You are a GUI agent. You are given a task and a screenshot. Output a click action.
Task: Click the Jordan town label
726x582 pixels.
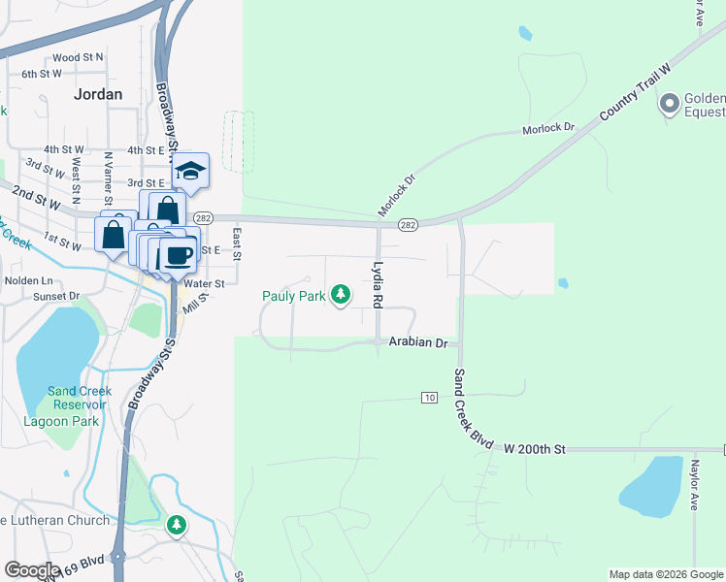point(99,94)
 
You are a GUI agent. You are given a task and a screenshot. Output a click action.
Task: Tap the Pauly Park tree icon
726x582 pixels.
point(341,294)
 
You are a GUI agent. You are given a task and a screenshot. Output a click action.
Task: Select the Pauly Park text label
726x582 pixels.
point(293,297)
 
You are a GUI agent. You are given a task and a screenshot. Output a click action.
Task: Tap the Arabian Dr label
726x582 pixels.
point(418,343)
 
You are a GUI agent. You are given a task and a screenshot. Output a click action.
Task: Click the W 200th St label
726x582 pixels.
point(534,449)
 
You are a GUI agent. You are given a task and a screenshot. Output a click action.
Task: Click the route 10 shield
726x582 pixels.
point(430,398)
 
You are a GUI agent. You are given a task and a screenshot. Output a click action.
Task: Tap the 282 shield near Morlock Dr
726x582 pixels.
point(408,225)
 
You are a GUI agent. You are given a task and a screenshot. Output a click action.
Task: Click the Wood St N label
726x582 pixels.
point(79,58)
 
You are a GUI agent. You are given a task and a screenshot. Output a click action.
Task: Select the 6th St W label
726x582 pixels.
point(42,74)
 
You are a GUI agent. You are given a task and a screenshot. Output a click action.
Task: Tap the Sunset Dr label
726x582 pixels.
point(56,296)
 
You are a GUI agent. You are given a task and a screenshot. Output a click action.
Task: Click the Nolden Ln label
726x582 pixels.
point(28,280)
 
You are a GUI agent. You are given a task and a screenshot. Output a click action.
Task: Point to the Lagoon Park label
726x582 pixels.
point(60,422)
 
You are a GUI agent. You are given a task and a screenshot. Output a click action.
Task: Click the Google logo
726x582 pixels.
point(32,570)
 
